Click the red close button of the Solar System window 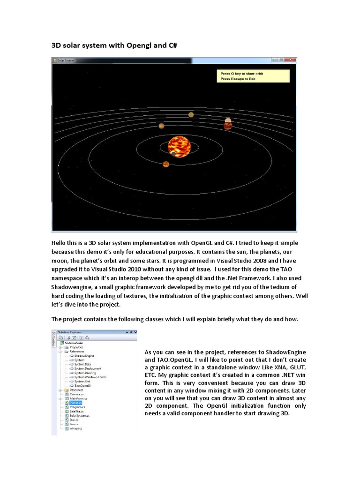tap(291, 60)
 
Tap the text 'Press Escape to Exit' tap(238, 79)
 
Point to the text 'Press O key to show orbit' tap(241, 74)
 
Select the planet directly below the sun tap(166, 164)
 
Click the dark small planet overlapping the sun tap(173, 154)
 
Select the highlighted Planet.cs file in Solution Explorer tap(75, 403)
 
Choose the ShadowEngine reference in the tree tap(84, 355)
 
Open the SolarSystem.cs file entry tap(80, 416)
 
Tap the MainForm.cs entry tap(78, 398)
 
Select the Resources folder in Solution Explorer tap(77, 390)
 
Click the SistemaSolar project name tap(75, 343)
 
